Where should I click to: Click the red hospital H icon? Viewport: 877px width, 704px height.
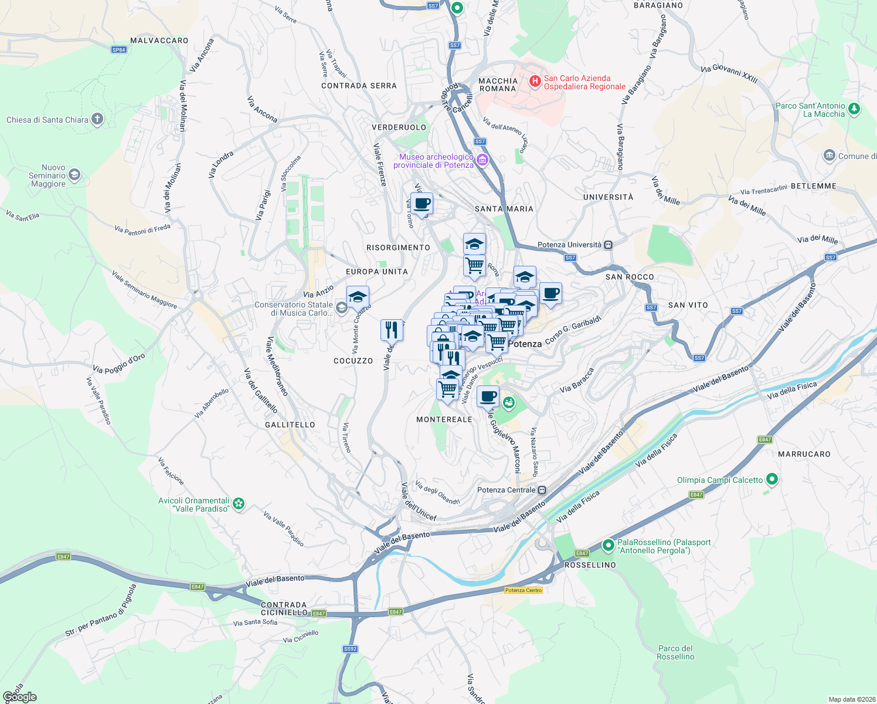[x=535, y=82]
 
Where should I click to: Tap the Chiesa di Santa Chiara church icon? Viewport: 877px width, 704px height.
[x=97, y=120]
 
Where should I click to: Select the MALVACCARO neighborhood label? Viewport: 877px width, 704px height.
[x=159, y=40]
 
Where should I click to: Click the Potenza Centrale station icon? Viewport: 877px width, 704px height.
[x=542, y=490]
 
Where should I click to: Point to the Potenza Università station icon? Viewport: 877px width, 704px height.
[x=609, y=245]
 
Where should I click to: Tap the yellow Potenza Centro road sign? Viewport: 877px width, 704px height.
[x=524, y=590]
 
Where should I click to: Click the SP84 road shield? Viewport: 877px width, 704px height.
[x=119, y=50]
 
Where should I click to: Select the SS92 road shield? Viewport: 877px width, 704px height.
[x=350, y=649]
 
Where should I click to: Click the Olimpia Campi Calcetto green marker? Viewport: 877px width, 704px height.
[x=772, y=479]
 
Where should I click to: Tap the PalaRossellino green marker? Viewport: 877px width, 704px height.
[x=609, y=546]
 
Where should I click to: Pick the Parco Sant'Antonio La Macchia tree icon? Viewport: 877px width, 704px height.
[x=854, y=109]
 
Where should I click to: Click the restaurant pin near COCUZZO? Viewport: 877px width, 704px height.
[x=392, y=330]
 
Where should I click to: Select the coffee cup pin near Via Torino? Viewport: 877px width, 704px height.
[x=421, y=204]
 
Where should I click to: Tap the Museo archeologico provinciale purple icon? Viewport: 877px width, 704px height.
[x=482, y=160]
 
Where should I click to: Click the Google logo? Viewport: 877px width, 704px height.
[x=19, y=696]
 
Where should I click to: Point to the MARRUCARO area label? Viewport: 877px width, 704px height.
[x=804, y=454]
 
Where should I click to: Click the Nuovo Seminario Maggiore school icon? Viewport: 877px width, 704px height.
[x=74, y=175]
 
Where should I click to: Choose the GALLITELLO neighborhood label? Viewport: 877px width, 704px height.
[x=290, y=425]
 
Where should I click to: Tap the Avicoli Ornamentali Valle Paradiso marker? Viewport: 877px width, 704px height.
[x=239, y=503]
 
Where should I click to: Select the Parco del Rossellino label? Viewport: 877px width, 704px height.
[x=675, y=652]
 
